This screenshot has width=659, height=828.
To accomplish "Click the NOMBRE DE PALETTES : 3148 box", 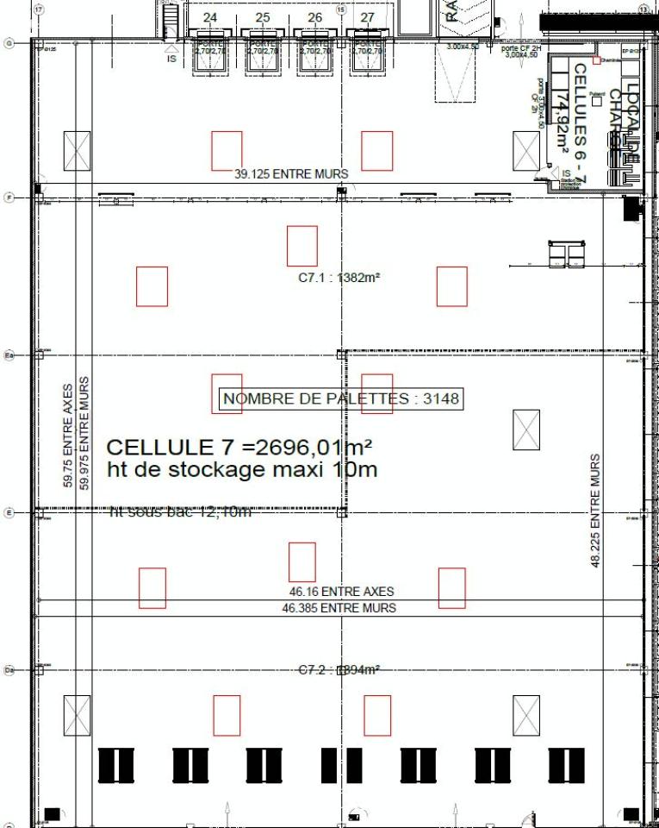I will (x=341, y=398).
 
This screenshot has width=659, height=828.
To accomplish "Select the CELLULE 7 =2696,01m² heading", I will (x=239, y=447).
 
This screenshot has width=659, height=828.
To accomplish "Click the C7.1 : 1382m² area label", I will (x=339, y=278).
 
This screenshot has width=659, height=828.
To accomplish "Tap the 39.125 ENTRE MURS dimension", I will (x=291, y=174).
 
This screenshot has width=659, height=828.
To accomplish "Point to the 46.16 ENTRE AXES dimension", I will (x=341, y=592).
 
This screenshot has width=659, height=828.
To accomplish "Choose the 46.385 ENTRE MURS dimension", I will (x=339, y=608).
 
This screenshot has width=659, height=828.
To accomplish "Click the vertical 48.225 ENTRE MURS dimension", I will (x=594, y=511).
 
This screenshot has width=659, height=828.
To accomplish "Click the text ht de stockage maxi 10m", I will (x=242, y=471).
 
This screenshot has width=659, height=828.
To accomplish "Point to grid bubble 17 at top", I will (x=38, y=8).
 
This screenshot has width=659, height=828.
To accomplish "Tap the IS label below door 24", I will (x=171, y=59).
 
